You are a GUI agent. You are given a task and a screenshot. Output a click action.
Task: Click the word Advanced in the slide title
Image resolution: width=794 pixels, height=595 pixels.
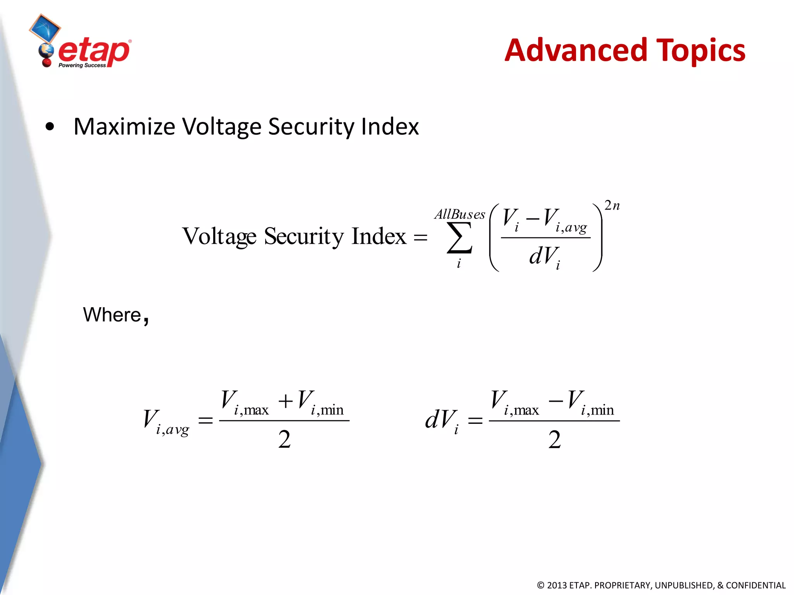pyautogui.click(x=576, y=50)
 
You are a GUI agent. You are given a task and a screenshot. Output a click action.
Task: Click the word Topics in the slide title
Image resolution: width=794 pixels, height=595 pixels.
pyautogui.click(x=701, y=51)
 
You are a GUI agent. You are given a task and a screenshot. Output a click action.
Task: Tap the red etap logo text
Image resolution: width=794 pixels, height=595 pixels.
pyautogui.click(x=94, y=51)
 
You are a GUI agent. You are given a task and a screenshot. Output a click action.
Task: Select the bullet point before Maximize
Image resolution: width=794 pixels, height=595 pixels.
pyautogui.click(x=50, y=127)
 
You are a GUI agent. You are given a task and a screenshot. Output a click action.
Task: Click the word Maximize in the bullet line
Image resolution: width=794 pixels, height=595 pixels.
pyautogui.click(x=124, y=127)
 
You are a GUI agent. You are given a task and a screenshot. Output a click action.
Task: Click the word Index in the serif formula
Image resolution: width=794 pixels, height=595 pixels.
pyautogui.click(x=378, y=236)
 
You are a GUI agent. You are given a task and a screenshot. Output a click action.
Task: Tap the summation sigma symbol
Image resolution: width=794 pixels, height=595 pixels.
pyautogui.click(x=459, y=237)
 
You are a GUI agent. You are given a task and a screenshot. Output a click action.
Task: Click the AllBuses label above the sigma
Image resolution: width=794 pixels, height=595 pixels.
pyautogui.click(x=460, y=214)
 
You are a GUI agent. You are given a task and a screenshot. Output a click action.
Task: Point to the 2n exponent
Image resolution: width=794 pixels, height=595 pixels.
pyautogui.click(x=612, y=205)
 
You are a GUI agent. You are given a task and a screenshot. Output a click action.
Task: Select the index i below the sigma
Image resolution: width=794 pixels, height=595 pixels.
pyautogui.click(x=459, y=264)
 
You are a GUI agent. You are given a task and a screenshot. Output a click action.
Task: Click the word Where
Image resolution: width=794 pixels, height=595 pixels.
pyautogui.click(x=112, y=315)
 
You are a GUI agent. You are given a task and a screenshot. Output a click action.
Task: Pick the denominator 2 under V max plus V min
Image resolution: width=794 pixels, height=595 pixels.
pyautogui.click(x=284, y=440)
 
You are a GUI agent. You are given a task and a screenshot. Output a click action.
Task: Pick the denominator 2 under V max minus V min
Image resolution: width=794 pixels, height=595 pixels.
pyautogui.click(x=554, y=440)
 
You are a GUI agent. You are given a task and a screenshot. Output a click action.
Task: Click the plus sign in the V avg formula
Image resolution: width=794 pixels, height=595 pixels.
pyautogui.click(x=285, y=401)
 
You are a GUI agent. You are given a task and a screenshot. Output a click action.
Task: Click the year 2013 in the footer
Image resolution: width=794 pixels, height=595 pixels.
pyautogui.click(x=557, y=585)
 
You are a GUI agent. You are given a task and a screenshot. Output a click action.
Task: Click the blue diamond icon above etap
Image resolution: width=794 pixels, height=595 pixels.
pyautogui.click(x=45, y=28)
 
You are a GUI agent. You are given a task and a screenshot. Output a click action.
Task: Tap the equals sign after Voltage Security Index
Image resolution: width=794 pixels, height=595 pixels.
pyautogui.click(x=420, y=237)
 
